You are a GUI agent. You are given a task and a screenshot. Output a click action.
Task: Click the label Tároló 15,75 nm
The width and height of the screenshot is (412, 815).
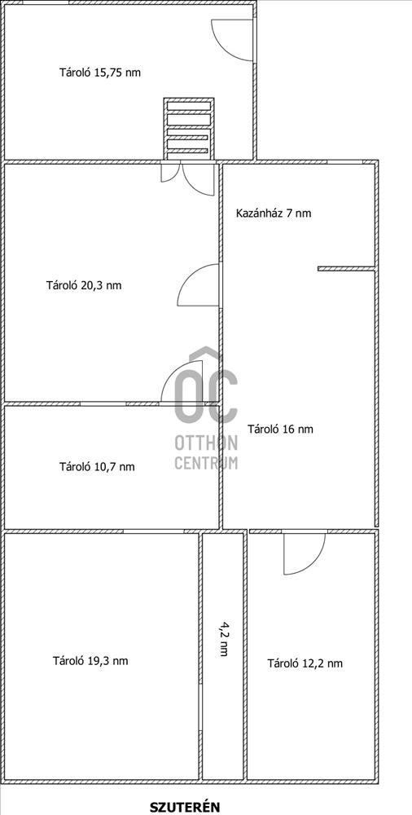coord(100,73)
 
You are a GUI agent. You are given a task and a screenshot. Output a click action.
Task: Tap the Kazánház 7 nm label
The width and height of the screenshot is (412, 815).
coord(274,213)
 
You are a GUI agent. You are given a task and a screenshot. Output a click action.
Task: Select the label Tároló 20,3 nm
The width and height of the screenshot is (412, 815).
coord(84,284)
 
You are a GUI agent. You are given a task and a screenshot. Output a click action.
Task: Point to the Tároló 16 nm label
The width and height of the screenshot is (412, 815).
coord(281,430)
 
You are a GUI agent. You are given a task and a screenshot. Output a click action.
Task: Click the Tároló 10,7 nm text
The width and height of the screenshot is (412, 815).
coord(97,467)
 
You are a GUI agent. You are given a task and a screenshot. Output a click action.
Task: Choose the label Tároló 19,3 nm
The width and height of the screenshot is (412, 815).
coord(90,661)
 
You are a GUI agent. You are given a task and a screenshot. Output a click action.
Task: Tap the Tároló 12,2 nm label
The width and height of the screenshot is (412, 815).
coord(305,663)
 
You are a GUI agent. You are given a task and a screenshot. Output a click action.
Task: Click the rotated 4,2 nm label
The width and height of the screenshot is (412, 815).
coord(224,638)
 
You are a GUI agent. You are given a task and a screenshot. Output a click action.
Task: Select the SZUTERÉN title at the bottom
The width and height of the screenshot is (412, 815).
coord(185,807)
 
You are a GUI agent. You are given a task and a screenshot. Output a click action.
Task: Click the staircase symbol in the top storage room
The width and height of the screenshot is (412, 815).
coord(189,129)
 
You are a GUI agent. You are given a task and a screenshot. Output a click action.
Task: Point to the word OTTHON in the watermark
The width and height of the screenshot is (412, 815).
coord(206,443)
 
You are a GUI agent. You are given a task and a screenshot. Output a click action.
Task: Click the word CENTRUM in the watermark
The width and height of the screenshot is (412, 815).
coord(206,462)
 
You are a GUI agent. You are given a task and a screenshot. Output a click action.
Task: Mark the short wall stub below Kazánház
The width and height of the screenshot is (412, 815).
coord(347,269)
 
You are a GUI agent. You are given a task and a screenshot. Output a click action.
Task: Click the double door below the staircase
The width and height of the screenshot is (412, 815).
coord(187,179)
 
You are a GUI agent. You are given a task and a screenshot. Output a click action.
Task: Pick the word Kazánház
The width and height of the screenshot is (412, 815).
coord(259,213)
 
